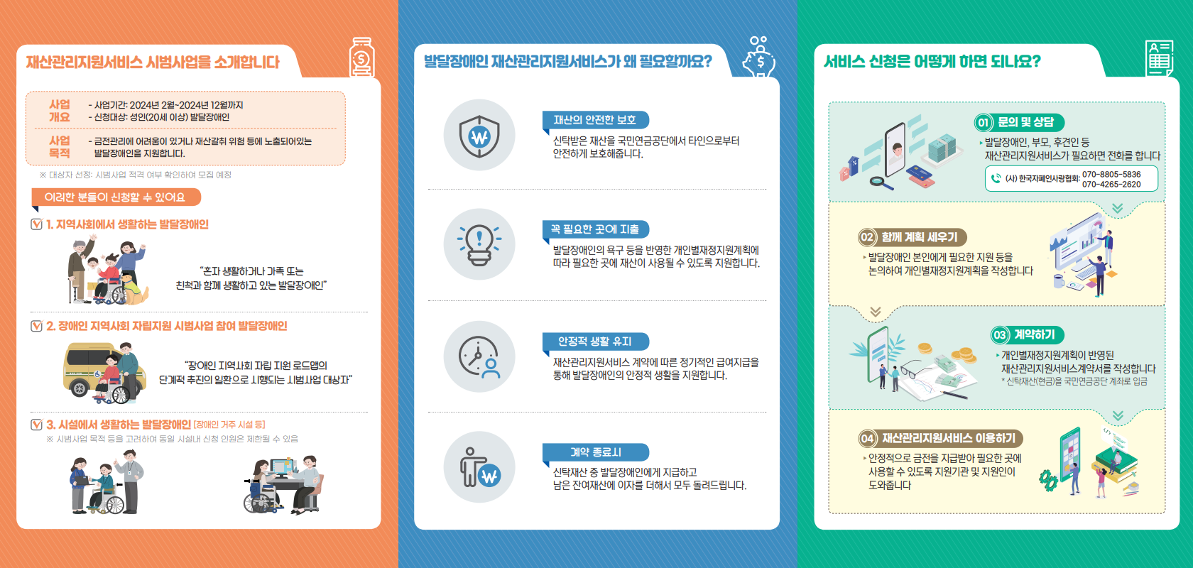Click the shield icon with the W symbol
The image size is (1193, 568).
(479, 136)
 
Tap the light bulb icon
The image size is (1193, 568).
(479, 245)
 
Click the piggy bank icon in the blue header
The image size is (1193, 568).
(760, 58)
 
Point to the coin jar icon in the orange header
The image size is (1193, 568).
(362, 58)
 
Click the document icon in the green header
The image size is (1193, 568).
(1160, 58)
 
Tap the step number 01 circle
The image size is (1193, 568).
(983, 123)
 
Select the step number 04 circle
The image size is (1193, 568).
(867, 439)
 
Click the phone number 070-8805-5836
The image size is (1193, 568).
(1111, 174)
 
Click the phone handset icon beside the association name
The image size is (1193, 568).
(996, 178)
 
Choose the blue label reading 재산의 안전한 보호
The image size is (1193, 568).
(595, 120)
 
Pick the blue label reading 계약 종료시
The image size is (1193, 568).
(595, 452)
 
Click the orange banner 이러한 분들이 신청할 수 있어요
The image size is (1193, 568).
(116, 197)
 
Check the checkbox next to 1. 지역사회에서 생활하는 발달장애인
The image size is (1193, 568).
(37, 224)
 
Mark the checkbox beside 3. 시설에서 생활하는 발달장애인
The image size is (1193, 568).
(37, 425)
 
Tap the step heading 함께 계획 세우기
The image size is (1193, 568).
(919, 237)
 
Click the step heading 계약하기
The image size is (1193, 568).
(1034, 334)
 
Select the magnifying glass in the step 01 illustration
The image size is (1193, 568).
(881, 182)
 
